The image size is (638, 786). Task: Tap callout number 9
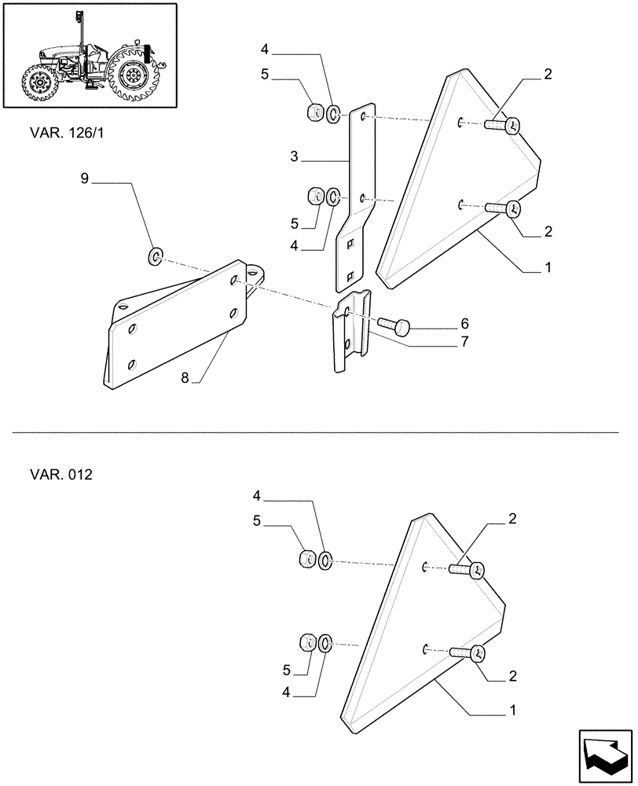85,179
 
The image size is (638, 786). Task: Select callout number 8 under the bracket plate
185,377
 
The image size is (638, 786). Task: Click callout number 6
464,323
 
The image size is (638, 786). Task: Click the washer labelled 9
155,255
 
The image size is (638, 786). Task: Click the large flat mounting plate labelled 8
181,322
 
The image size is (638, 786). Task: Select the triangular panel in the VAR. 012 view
409,621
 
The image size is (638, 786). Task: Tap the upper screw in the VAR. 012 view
468,569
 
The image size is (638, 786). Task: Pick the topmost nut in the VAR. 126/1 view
313,112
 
